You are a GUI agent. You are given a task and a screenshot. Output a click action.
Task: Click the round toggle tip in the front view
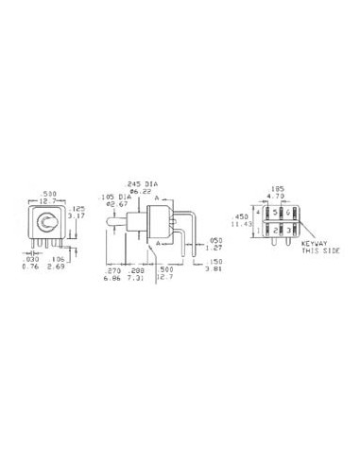43,223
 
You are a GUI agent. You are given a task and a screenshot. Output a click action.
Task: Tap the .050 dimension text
216,242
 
